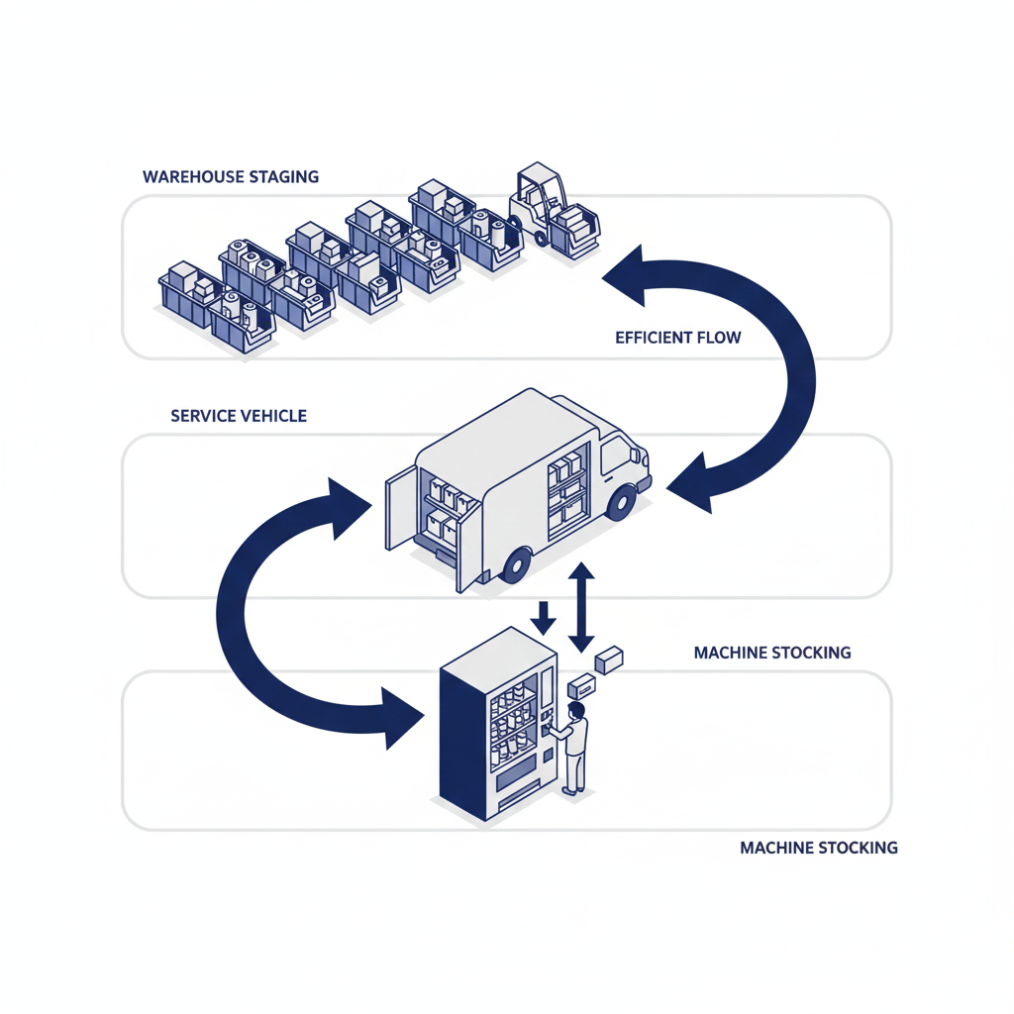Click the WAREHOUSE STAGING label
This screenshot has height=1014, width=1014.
coord(231,177)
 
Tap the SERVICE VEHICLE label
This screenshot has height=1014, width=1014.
coord(239,416)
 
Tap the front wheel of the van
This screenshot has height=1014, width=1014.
coord(621,503)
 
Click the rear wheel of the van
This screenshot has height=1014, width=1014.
coord(516,565)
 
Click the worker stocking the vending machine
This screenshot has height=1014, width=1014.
coord(573,748)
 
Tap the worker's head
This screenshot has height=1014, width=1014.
coord(577,710)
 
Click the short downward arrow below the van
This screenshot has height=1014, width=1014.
coord(543,618)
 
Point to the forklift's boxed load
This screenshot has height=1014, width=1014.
coord(576,223)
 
